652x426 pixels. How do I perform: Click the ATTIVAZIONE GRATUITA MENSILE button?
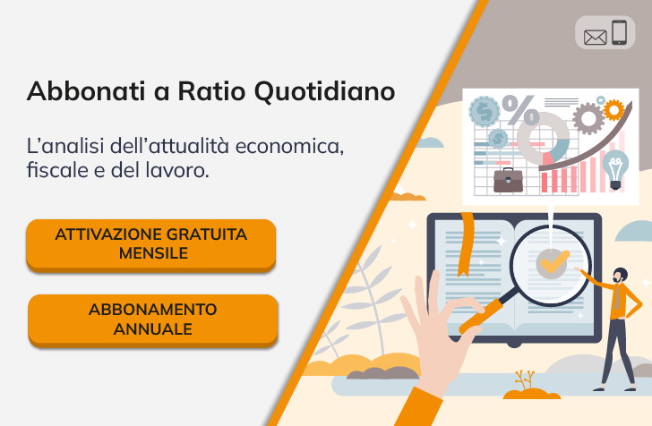[150, 243]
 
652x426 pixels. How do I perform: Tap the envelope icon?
[595, 37]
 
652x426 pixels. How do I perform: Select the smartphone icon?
[619, 33]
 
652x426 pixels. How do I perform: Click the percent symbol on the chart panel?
[520, 112]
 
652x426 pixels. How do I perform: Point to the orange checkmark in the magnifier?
[553, 260]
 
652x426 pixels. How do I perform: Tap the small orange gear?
[614, 110]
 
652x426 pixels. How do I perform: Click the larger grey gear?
[588, 117]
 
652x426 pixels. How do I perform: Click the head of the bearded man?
[621, 275]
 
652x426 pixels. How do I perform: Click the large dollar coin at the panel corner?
[484, 111]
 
